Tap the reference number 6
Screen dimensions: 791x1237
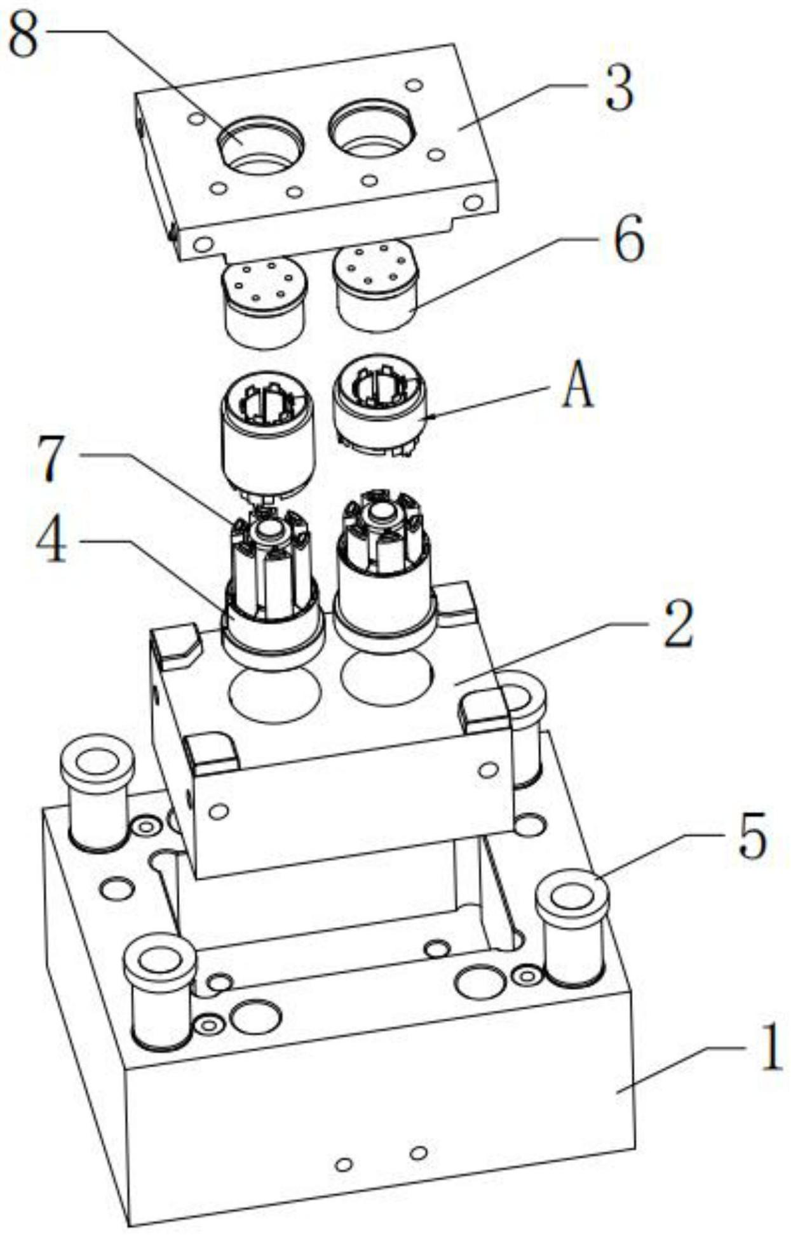click(x=629, y=239)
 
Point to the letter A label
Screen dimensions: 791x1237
click(x=578, y=388)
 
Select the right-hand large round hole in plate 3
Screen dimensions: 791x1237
click(x=372, y=128)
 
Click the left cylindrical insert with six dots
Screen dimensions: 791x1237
click(x=265, y=303)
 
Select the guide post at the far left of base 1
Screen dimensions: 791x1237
click(x=97, y=792)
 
